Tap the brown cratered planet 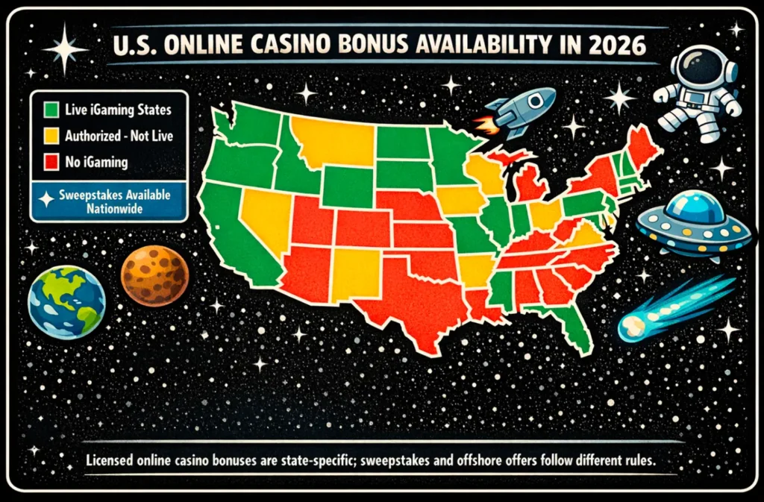(154, 274)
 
